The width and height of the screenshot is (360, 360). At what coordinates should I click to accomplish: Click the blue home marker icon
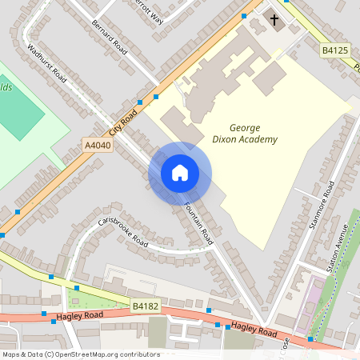(x=180, y=173)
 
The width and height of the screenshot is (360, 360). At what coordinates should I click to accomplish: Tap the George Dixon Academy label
(x=253, y=134)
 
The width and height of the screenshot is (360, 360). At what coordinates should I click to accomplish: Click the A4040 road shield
(x=98, y=145)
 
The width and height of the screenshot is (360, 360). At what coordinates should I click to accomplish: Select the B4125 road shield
(x=336, y=50)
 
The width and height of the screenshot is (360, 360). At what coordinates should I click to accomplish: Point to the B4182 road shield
(x=146, y=306)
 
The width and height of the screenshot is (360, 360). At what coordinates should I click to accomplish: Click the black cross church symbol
(x=274, y=19)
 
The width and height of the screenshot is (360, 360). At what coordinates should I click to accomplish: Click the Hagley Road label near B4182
(x=78, y=318)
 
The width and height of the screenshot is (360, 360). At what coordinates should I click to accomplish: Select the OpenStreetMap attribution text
(x=80, y=354)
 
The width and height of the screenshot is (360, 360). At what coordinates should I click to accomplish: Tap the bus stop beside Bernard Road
(x=155, y=96)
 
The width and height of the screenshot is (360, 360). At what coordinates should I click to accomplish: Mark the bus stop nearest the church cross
(x=243, y=15)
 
